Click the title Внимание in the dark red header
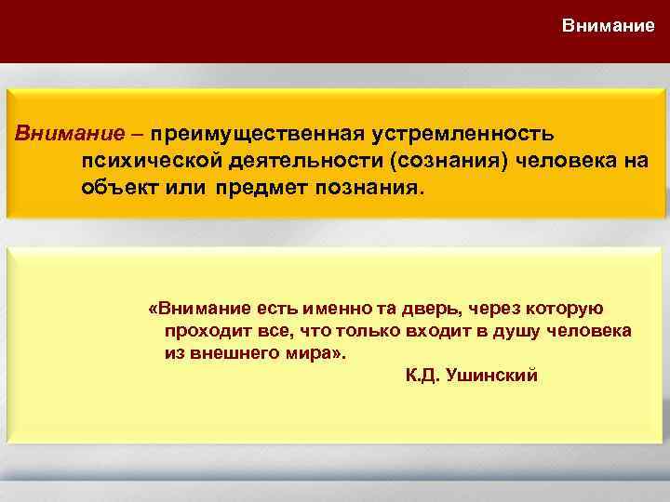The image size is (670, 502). pos(608,26)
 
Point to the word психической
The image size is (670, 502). pos(137,163)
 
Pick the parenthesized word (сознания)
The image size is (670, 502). pos(446,163)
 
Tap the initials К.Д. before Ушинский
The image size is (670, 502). pos(423,376)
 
